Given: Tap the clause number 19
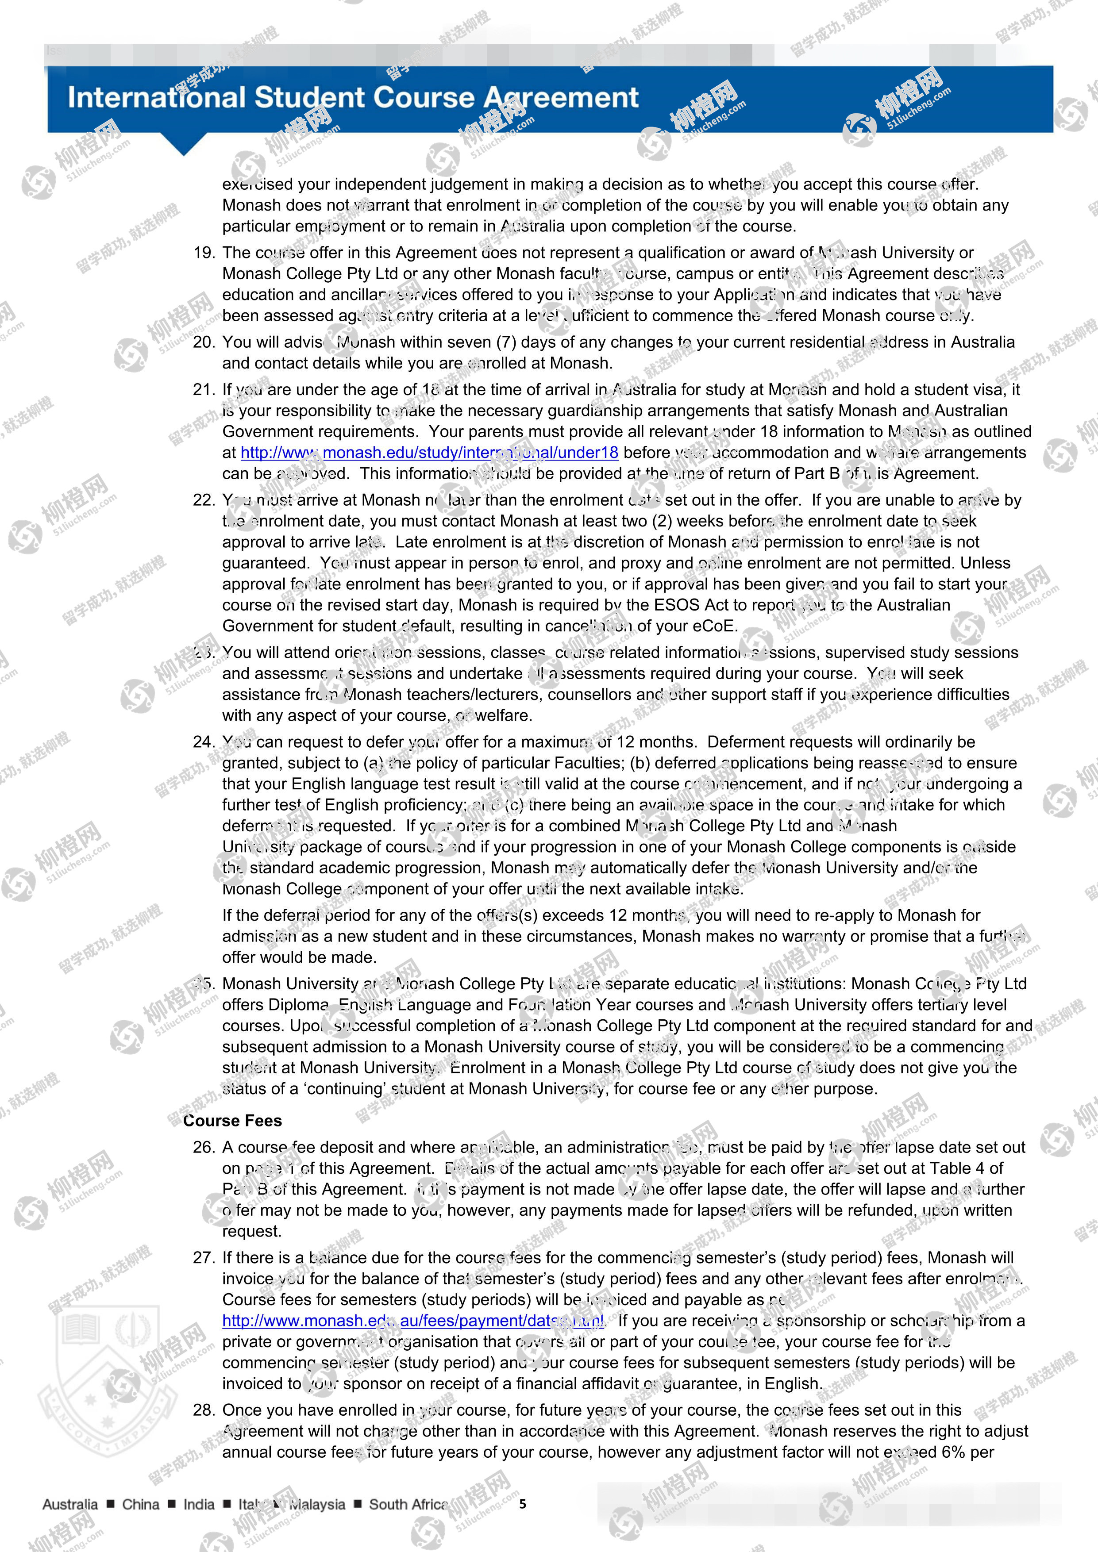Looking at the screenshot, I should pos(204,253).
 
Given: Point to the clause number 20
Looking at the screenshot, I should pos(204,342).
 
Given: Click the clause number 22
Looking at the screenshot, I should pos(204,500).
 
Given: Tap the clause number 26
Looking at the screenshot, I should pos(204,1147).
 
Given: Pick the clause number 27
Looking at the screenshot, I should pos(204,1257).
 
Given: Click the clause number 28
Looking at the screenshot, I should pos(204,1410).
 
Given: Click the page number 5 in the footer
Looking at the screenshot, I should pos(523,1504).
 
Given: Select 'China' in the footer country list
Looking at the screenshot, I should pos(141,1505).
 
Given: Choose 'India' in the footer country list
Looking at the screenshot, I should pos(199,1505).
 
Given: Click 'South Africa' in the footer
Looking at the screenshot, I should pos(408,1505).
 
